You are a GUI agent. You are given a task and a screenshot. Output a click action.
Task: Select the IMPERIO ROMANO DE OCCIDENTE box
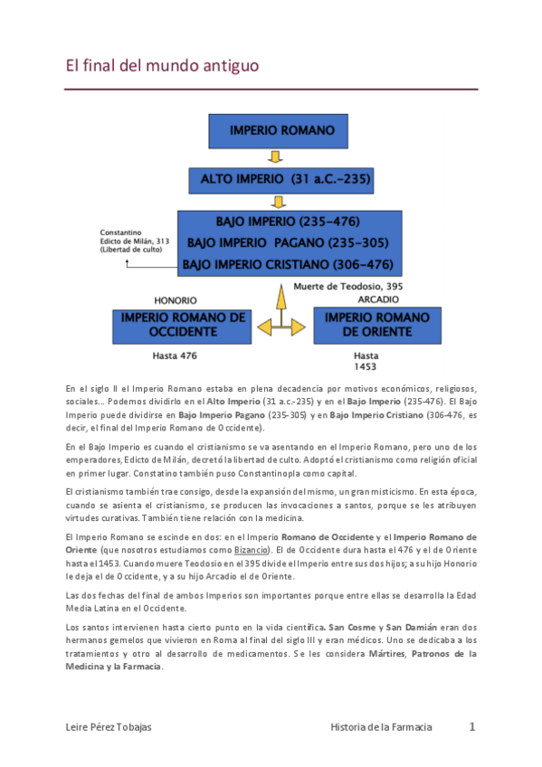(x=183, y=325)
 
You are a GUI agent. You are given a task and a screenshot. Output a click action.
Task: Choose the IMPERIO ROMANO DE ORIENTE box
(x=376, y=325)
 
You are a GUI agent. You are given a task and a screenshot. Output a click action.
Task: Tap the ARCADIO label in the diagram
(x=376, y=298)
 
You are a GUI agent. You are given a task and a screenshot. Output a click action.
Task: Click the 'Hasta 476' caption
(x=175, y=355)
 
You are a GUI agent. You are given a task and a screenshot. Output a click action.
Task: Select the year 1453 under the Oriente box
(x=366, y=367)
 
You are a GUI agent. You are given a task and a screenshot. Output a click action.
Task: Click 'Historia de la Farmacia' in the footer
(x=381, y=727)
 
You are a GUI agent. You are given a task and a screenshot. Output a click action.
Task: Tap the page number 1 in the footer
(x=471, y=726)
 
